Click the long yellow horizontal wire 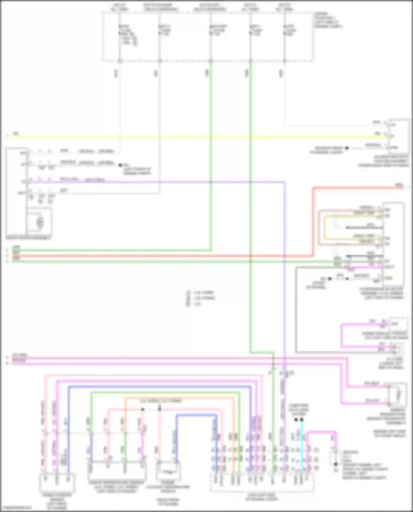pos(193,137)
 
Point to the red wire pos(165,256)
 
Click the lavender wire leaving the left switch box pos(165,182)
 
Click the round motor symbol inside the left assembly pos(40,222)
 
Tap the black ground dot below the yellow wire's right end pos(347,148)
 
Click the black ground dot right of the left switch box pos(120,165)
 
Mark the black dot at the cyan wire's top pos(302,420)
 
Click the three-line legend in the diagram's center pos(200,298)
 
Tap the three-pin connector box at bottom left pos(57,483)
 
